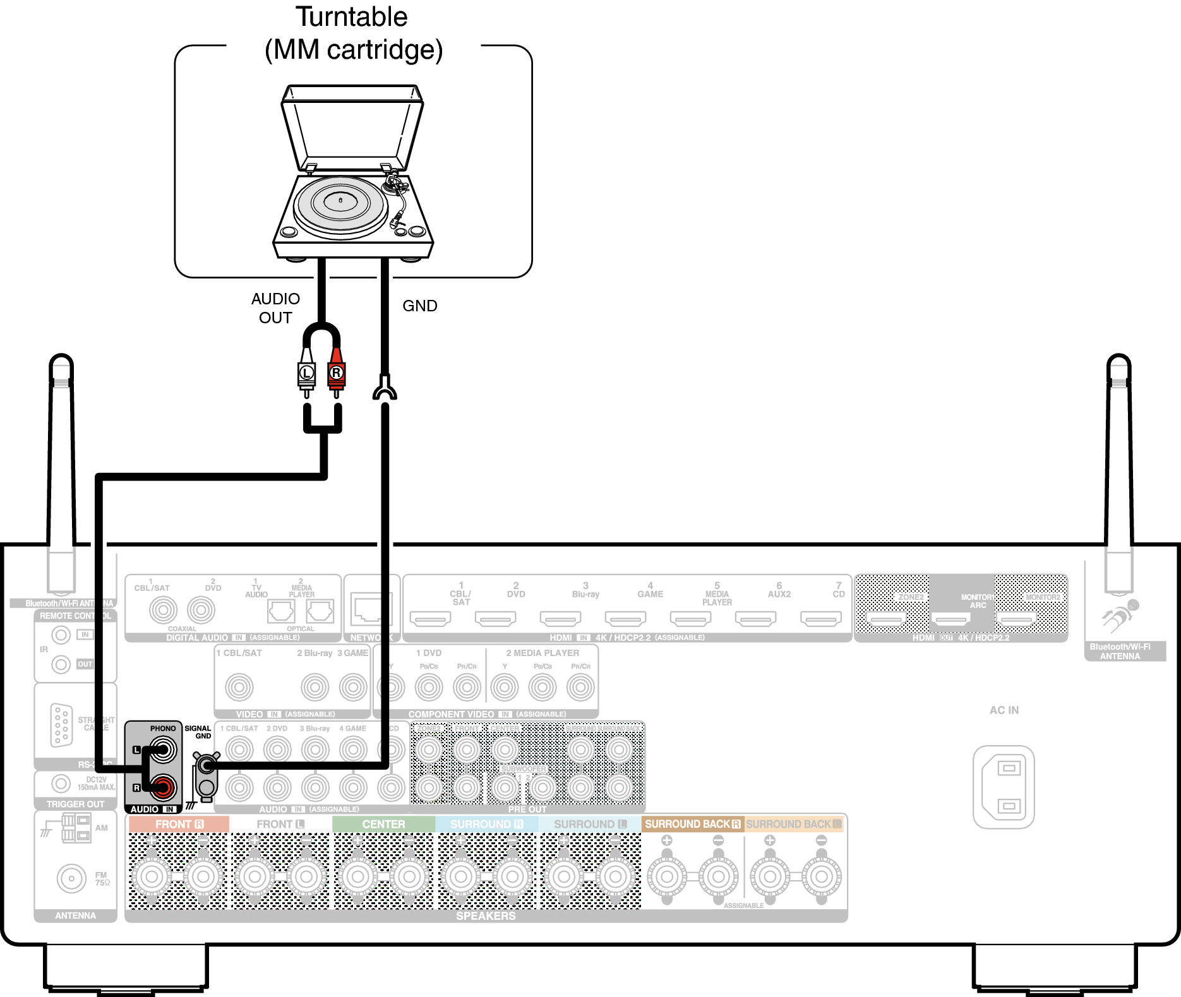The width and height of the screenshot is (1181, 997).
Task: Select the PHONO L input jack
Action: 163,750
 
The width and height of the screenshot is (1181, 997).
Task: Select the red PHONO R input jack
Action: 163,787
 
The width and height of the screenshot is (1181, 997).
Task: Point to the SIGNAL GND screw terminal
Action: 206,766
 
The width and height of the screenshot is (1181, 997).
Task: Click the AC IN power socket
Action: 1004,787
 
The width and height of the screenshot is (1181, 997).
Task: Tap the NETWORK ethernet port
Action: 371,609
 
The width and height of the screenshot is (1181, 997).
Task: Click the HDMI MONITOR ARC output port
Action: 952,619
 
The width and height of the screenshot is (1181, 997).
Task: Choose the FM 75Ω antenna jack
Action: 71,878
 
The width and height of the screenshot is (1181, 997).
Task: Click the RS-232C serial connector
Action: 61,725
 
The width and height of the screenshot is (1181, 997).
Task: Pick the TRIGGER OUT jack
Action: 61,784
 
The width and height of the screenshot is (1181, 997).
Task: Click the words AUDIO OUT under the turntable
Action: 275,308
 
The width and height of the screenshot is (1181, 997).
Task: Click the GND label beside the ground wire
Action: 420,306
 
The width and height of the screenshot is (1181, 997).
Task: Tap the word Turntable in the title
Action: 352,17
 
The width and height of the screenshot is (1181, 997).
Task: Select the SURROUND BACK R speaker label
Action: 692,824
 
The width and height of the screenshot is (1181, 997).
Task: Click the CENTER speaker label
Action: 383,824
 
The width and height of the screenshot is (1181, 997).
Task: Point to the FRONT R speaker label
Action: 179,824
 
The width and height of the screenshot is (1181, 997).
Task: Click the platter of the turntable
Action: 340,203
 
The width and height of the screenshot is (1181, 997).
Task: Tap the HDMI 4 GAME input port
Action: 625,619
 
